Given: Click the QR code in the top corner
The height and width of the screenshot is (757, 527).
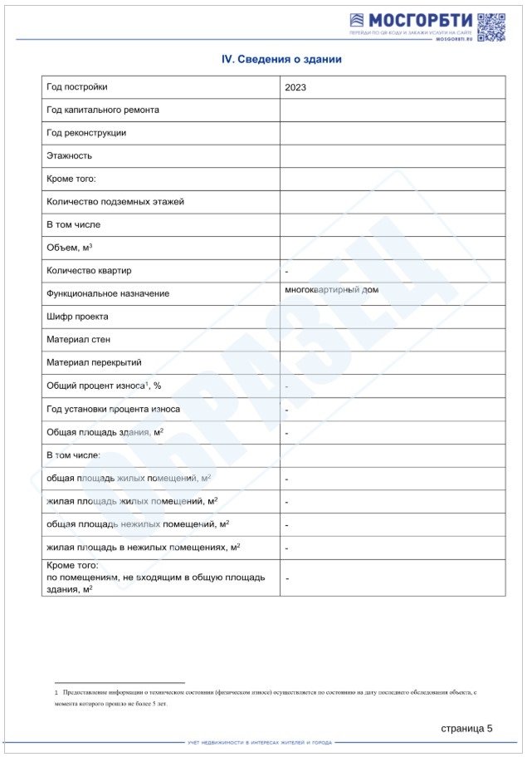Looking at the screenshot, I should coord(491,27).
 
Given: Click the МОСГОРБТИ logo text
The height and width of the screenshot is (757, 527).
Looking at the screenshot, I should coord(421,20).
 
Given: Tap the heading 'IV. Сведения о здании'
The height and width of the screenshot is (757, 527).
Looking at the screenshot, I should coord(281,60).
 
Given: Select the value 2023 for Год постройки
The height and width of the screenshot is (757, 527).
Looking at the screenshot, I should coord(295,87).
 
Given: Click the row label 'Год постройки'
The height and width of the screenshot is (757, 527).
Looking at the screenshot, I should coord(77,86).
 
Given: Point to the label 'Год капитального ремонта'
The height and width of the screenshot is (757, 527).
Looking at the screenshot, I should coord(103,110).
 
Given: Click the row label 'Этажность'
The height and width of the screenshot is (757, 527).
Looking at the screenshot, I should coord(70,155).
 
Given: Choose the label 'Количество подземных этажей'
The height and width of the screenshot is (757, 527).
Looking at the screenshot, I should coord(115,201).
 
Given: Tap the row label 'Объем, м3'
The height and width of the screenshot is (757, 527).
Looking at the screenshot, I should coord(70,248).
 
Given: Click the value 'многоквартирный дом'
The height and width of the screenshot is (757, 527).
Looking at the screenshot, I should coord(331,290).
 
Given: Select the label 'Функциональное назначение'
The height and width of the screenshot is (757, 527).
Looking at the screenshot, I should coord(108,293).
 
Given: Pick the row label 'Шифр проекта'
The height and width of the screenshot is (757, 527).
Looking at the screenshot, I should coord(77,317).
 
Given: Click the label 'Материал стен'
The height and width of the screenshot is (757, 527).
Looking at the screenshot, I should coord(78,339).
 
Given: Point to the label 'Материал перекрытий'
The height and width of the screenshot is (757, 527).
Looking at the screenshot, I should coord(94,362).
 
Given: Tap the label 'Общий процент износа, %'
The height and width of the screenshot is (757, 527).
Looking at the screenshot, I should coord(104,386).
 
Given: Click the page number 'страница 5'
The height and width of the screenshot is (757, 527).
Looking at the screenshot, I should coord(466,728).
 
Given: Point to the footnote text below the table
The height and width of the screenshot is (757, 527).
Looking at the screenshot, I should coord(266,697).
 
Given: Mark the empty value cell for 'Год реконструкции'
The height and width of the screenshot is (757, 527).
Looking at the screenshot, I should coord(392,133).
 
